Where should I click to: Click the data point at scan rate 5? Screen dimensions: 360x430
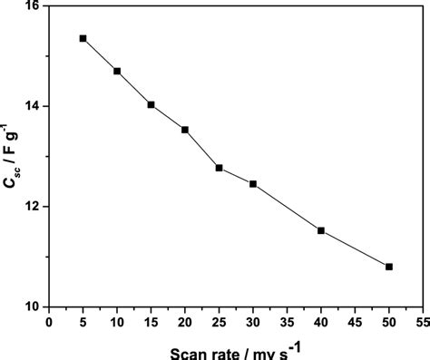point(83,38)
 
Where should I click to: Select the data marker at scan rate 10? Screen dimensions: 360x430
point(117,71)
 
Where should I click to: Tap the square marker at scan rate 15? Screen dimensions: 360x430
point(151,104)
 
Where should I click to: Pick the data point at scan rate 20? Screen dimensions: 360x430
point(185,130)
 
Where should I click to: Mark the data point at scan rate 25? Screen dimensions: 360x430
point(219,168)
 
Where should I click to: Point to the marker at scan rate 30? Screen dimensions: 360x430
point(253,184)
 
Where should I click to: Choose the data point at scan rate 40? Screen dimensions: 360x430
point(321,230)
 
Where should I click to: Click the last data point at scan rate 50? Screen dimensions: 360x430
point(389,267)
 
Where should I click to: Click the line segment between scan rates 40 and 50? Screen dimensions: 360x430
point(355,248)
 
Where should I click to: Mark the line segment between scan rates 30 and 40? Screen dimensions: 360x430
point(287,207)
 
